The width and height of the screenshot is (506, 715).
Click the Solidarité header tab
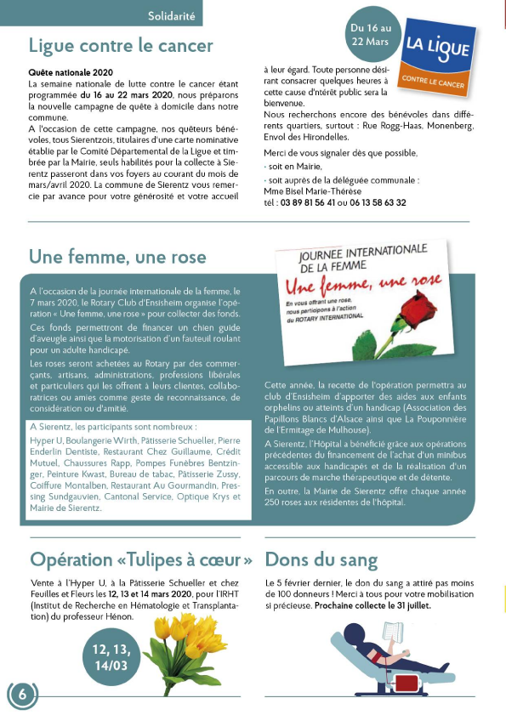(x=172, y=15)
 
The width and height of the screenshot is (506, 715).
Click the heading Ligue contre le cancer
(x=121, y=45)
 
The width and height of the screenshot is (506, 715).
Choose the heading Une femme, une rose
(x=117, y=257)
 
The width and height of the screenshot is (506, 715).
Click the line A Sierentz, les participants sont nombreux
(x=113, y=426)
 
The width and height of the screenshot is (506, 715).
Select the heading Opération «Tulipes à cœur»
(x=141, y=559)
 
